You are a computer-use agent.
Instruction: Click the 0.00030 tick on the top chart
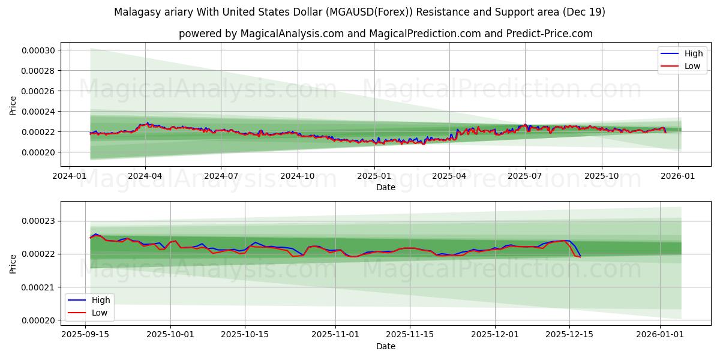coord(38,50)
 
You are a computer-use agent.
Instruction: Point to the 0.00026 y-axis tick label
coord(38,91)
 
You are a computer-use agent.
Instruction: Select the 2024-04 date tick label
coord(145,176)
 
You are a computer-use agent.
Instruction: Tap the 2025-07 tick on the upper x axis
coord(525,176)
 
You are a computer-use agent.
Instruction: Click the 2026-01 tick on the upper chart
coord(678,176)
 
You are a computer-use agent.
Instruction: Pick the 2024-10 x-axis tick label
coord(298,176)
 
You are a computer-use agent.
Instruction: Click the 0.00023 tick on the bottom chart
coord(38,221)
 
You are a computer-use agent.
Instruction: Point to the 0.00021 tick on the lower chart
coord(38,287)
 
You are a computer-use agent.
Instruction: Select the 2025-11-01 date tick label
coord(335,335)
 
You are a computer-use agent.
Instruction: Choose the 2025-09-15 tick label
coord(85,335)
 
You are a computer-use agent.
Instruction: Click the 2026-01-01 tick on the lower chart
coord(660,335)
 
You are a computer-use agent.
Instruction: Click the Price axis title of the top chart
coord(13,106)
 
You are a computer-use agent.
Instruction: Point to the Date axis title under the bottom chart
coord(385,346)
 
